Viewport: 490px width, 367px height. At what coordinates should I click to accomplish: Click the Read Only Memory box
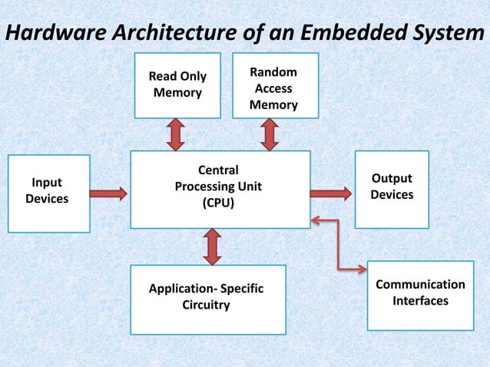(177, 85)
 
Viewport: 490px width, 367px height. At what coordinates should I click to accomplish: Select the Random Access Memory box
(275, 85)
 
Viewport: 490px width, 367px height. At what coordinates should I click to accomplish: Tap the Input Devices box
(48, 193)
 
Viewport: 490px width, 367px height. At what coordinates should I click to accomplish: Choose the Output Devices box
(392, 190)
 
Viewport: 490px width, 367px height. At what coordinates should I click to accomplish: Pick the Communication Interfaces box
(420, 295)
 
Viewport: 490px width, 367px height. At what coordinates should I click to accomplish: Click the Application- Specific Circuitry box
(207, 299)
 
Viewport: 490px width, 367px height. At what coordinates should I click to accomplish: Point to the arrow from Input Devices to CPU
(109, 190)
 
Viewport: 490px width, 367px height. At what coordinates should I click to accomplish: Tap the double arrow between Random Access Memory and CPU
(268, 134)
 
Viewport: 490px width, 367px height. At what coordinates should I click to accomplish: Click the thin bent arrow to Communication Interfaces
(338, 246)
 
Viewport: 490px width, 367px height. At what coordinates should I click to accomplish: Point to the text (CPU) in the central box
(218, 203)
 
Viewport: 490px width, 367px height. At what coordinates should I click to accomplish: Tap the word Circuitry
(205, 306)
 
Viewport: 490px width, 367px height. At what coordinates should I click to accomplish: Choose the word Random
(273, 71)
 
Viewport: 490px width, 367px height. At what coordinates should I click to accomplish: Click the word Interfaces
(420, 301)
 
